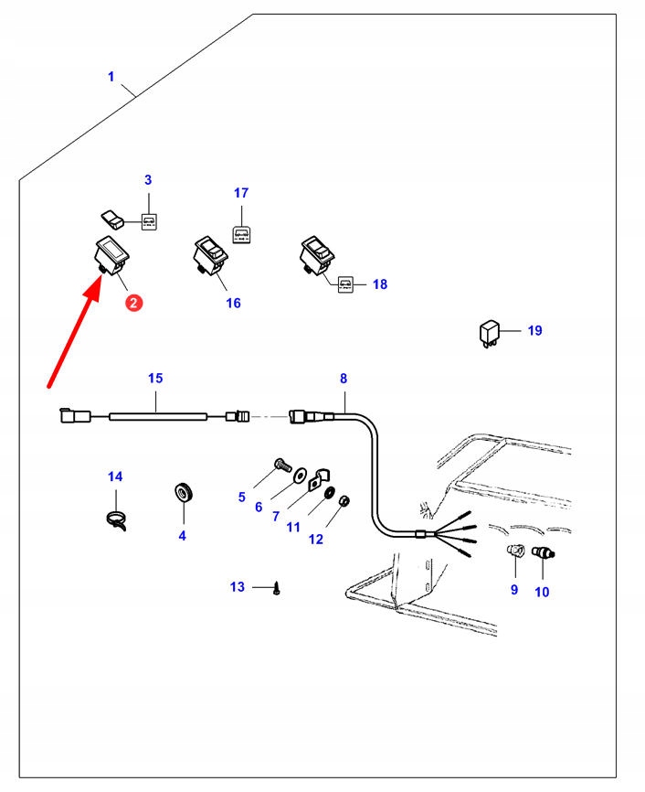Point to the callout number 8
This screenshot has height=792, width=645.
[x=344, y=379]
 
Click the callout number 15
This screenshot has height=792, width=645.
[x=155, y=378]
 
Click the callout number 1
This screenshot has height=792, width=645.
[x=111, y=77]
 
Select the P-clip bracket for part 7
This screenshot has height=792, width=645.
[x=320, y=477]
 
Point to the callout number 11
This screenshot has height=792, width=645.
[x=292, y=527]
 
